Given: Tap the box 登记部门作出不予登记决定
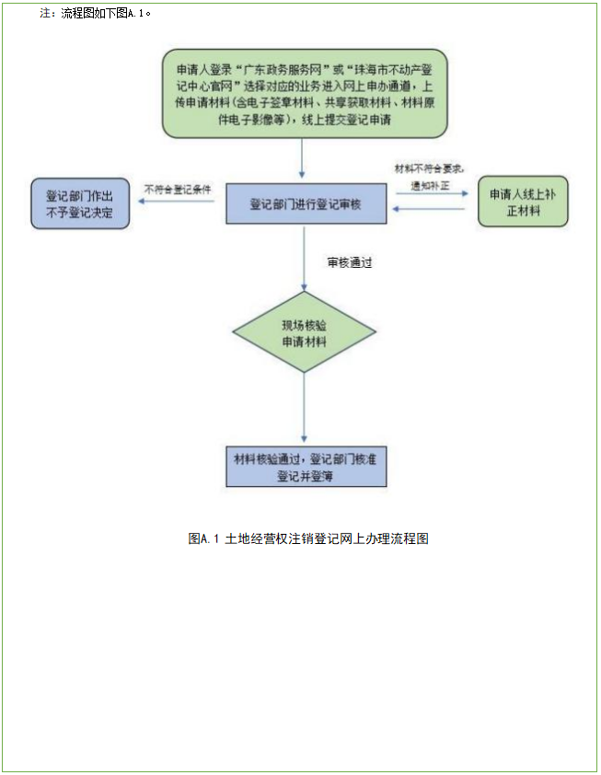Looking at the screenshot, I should (79, 203).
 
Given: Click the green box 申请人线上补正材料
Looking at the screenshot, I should (522, 202).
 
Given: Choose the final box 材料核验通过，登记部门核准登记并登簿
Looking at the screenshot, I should (305, 467).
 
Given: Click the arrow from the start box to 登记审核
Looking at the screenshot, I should (303, 158).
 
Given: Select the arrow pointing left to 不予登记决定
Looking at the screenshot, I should (179, 203).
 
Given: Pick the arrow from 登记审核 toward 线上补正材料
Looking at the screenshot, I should (431, 194).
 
